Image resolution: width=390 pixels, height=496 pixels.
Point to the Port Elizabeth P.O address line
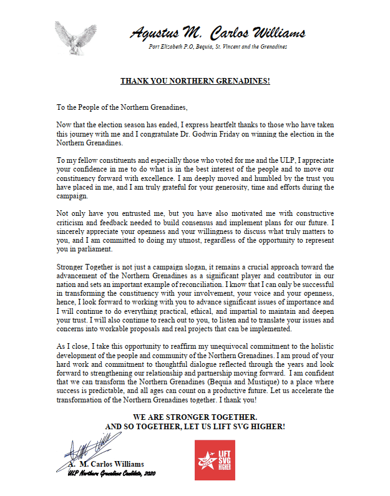218,47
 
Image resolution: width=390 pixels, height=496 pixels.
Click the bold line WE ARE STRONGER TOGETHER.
195,416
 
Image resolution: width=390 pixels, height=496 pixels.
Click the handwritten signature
87,448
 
